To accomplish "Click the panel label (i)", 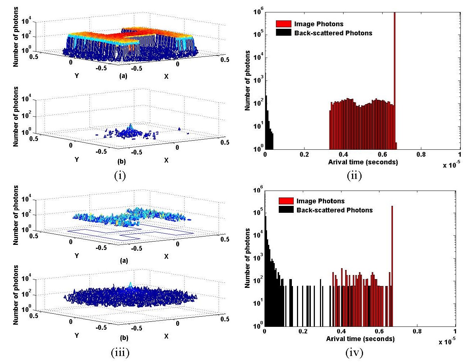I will [120, 176].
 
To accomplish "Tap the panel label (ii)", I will [354, 176].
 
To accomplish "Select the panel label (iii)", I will [120, 352].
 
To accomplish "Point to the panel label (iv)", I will [354, 352].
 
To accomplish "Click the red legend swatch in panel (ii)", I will [283, 24].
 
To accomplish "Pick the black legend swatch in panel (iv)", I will [286, 210].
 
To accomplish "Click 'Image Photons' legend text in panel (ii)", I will [319, 24].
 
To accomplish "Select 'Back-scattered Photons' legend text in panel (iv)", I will [335, 210].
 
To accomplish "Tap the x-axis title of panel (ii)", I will [363, 162].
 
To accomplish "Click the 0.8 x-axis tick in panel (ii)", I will [421, 154].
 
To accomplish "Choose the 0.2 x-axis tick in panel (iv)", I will [303, 332].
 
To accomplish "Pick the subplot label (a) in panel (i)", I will [123, 76].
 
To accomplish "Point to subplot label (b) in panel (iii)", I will [124, 338].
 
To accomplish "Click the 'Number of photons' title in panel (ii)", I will [248, 80].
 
